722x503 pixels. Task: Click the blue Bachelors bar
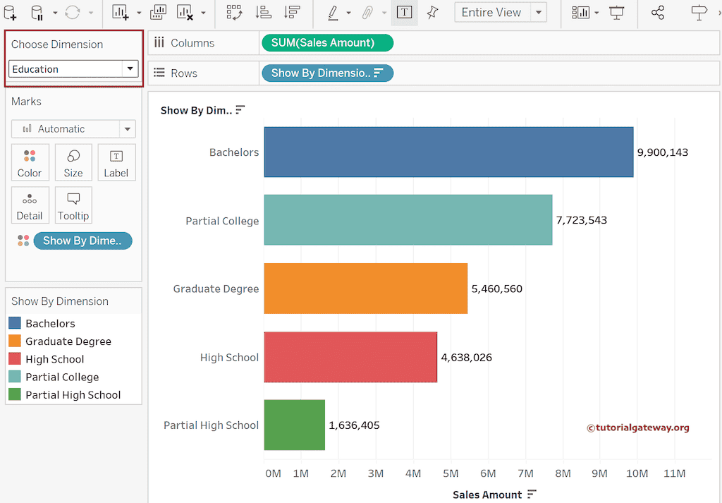448,152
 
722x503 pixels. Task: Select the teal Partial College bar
408,221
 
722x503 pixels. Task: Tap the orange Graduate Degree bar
365,289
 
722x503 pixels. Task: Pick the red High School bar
350,357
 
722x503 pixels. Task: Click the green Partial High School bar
294,425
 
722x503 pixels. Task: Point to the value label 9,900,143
662,152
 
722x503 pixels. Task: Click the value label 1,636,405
354,425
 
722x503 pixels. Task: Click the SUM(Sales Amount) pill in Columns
327,43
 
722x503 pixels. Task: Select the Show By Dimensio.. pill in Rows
327,73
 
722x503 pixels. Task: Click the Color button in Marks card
30,163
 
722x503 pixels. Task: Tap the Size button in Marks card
73,163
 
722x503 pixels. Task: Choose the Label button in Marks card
116,163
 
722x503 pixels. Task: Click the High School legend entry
54,359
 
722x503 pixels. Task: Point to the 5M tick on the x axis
451,473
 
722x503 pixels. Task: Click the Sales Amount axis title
487,495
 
